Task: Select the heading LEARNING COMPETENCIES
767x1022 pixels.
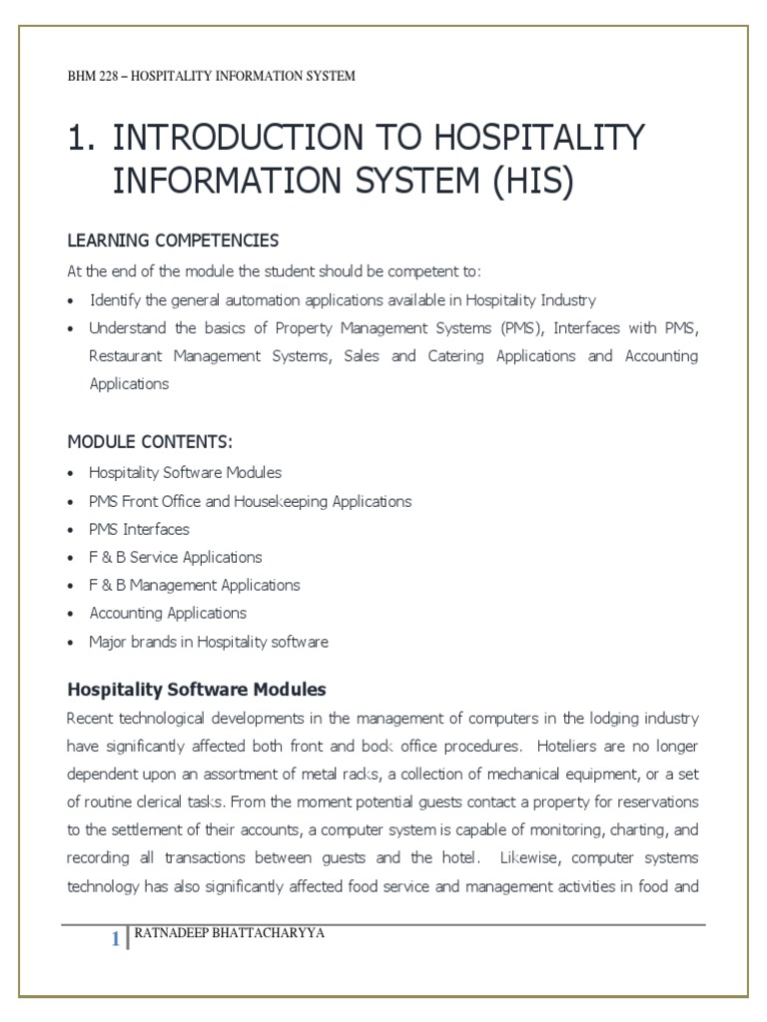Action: pyautogui.click(x=173, y=241)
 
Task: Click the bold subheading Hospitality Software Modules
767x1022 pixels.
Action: pyautogui.click(x=196, y=690)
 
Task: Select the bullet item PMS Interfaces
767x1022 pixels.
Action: pyautogui.click(x=139, y=529)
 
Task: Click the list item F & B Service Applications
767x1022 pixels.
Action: pyautogui.click(x=176, y=557)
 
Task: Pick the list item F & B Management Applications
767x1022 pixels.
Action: pyautogui.click(x=195, y=585)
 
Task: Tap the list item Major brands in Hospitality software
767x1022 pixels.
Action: pyautogui.click(x=209, y=642)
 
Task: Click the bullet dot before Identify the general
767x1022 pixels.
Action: pyautogui.click(x=71, y=300)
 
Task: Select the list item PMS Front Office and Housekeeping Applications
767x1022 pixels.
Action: pyautogui.click(x=250, y=501)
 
